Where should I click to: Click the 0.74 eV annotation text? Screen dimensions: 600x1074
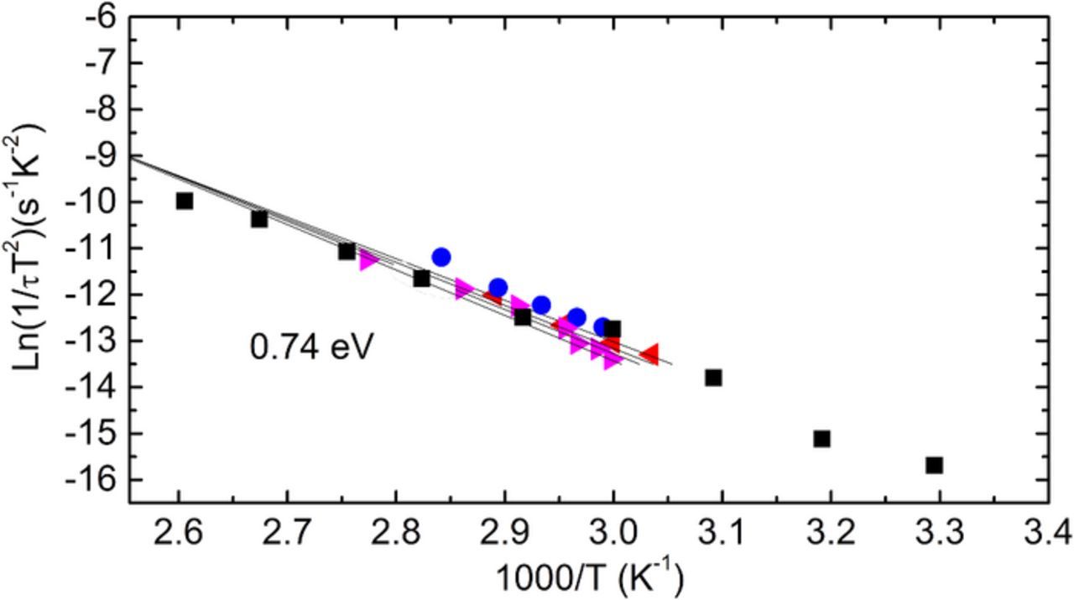[x=310, y=346]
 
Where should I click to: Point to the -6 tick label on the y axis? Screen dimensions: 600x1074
[x=99, y=17]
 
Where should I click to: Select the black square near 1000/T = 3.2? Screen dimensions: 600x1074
[x=821, y=438]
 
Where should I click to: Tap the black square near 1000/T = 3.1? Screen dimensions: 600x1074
[x=713, y=378]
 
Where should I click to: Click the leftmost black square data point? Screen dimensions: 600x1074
[x=185, y=201]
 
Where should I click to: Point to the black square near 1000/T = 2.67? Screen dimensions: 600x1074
[x=259, y=219]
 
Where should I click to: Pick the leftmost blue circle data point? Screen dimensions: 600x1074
[x=441, y=257]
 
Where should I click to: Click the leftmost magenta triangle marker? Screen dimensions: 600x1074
[x=368, y=261]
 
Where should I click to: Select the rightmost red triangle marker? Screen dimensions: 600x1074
[x=649, y=354]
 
